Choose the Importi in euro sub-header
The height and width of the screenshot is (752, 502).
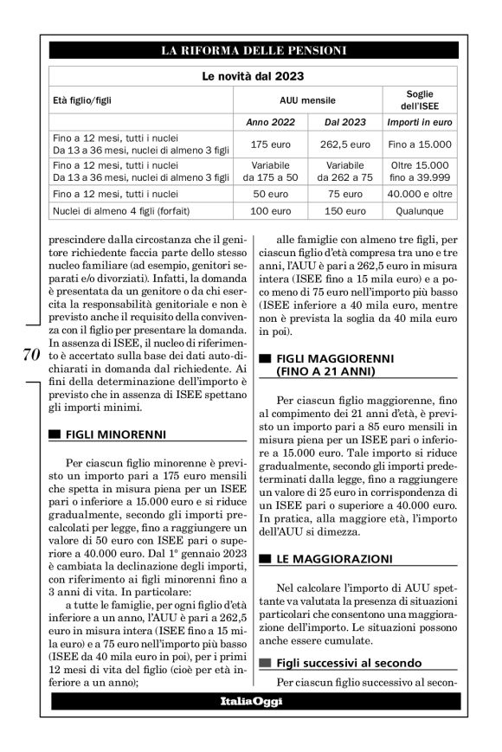tap(417, 122)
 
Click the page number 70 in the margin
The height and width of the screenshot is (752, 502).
tap(27, 355)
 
